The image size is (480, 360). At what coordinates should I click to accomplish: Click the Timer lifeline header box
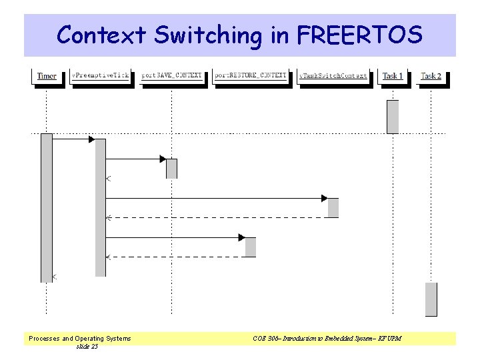[47, 76]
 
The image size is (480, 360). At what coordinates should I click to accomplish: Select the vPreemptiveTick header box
[101, 76]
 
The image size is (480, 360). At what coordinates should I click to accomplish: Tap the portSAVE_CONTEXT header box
[171, 76]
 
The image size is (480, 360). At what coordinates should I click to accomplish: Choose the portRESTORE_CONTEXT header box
[250, 76]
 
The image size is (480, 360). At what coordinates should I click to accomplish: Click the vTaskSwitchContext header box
[333, 76]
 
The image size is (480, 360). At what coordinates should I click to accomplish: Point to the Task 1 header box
[393, 76]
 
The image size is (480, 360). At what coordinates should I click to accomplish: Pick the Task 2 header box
[431, 76]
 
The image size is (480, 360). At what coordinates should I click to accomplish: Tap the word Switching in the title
[209, 35]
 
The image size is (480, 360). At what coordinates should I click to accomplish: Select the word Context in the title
[101, 35]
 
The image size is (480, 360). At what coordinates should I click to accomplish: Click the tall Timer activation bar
[46, 207]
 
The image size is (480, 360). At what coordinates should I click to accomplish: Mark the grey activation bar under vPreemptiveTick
[101, 207]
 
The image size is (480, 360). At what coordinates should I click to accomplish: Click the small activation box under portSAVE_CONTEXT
[171, 169]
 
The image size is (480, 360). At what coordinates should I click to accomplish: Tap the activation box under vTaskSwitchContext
[333, 207]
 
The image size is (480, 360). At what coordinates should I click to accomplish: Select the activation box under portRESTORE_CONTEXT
[251, 247]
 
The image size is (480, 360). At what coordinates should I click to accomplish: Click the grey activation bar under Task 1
[393, 117]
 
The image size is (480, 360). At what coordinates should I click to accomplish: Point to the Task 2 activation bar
[431, 299]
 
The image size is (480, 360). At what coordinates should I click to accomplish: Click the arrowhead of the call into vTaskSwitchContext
[325, 198]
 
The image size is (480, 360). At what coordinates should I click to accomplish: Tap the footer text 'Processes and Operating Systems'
[80, 339]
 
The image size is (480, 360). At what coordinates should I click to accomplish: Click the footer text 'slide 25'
[87, 347]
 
